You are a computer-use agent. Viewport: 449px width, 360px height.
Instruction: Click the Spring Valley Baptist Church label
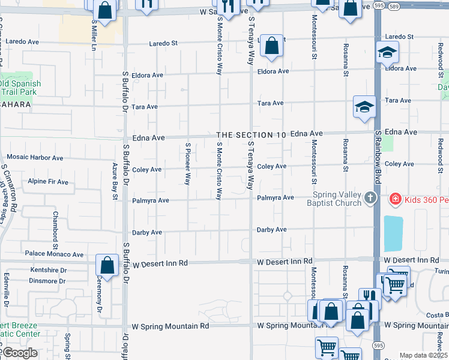[x=336, y=199]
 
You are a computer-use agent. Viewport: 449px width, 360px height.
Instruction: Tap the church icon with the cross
[x=371, y=197]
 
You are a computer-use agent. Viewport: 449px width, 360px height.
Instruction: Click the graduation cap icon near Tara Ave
[x=364, y=107]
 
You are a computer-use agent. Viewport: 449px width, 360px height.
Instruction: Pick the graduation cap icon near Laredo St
[x=387, y=53]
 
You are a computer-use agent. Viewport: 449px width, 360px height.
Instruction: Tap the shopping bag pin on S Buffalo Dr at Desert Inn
[x=107, y=265]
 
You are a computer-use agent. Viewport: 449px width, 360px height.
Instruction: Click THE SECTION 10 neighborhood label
[x=251, y=135]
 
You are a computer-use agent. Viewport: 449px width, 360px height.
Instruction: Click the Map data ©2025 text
[x=423, y=355]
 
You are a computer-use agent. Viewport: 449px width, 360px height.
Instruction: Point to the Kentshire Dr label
[x=47, y=271]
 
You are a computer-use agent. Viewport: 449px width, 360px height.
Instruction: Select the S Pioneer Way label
[x=187, y=164]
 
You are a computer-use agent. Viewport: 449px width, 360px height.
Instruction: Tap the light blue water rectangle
[x=393, y=233]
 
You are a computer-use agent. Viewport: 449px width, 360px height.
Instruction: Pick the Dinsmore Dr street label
[x=47, y=280]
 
